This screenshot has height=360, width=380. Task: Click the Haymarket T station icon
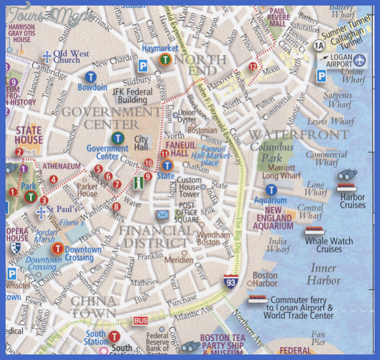point(165,59)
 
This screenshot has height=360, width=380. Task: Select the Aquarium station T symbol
point(271,190)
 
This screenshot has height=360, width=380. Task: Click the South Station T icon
point(114,337)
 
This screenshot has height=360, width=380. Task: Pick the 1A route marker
point(318,46)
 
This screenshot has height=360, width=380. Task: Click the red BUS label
point(140,321)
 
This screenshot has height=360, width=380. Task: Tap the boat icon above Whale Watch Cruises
point(314,231)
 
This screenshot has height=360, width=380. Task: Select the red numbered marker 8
point(116,207)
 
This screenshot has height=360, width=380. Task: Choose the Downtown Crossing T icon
point(57,249)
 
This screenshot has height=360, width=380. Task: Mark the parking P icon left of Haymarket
point(143,64)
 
